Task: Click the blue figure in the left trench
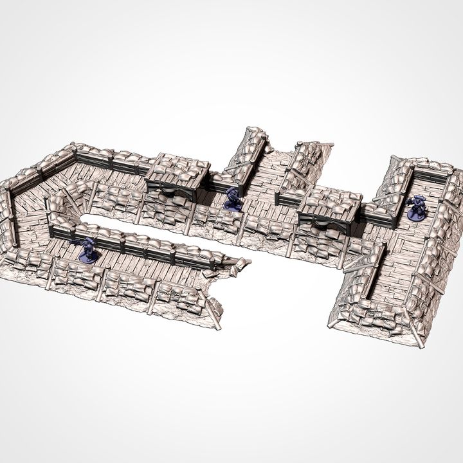tap(88, 250)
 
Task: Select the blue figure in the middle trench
tap(232, 199)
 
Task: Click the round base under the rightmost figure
tap(417, 217)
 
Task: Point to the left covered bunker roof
tap(177, 169)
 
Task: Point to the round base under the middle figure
tap(233, 208)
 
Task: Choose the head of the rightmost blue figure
tap(417, 199)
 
